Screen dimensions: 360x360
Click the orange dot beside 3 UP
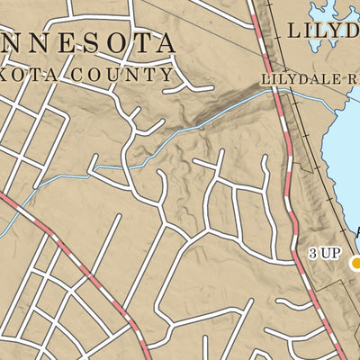356,263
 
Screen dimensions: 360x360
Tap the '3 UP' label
324,254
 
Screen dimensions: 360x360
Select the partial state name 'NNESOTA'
87,43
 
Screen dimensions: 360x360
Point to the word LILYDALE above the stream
296,79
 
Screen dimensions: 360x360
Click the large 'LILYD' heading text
324,31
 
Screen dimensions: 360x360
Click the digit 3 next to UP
313,254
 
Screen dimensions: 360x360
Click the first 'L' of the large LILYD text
294,31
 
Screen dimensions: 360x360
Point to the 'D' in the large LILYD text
353,31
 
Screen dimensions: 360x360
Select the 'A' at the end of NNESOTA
162,43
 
